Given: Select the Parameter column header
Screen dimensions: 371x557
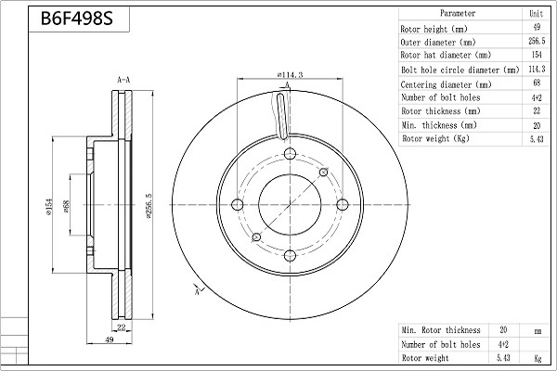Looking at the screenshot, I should click(458, 14).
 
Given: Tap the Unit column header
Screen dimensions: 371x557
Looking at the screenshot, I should click(536, 14).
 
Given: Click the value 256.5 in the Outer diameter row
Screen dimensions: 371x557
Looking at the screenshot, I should click(536, 42).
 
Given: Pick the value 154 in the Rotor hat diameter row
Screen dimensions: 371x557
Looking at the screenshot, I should click(536, 56).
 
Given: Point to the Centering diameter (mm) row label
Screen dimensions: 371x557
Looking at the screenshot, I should click(445, 83).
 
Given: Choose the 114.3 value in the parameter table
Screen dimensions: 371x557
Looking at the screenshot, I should click(536, 70).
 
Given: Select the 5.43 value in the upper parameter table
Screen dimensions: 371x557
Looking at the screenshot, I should click(536, 139).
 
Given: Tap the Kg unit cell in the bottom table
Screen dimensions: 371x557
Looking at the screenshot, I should click(536, 358).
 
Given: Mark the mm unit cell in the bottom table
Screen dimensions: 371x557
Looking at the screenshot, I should click(536, 330).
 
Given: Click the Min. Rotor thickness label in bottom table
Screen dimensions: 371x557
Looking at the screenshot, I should click(441, 330).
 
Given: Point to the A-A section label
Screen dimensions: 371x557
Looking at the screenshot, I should click(123, 81).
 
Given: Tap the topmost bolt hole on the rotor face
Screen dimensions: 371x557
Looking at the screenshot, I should click(287, 155).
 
